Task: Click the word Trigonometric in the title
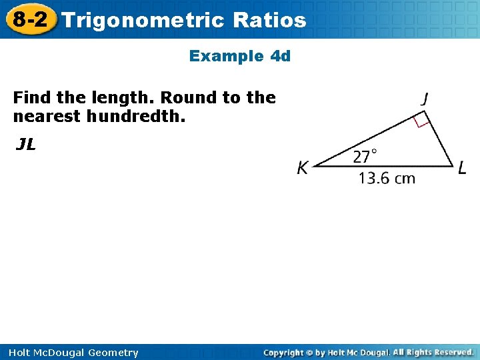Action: point(144,20)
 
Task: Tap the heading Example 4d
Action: point(240,56)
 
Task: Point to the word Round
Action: point(188,98)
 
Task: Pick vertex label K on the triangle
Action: point(302,169)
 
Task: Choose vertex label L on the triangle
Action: point(462,168)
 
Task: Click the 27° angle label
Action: point(364,157)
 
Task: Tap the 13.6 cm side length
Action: point(387,178)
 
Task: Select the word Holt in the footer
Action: point(24,353)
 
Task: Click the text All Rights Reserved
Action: point(433,352)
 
